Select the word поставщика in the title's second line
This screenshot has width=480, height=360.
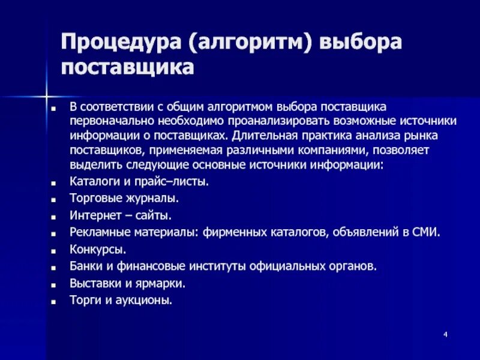(x=127, y=67)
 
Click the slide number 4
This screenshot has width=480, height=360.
(x=446, y=334)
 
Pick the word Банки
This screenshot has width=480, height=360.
(x=85, y=265)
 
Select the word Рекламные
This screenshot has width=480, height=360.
(x=97, y=232)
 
